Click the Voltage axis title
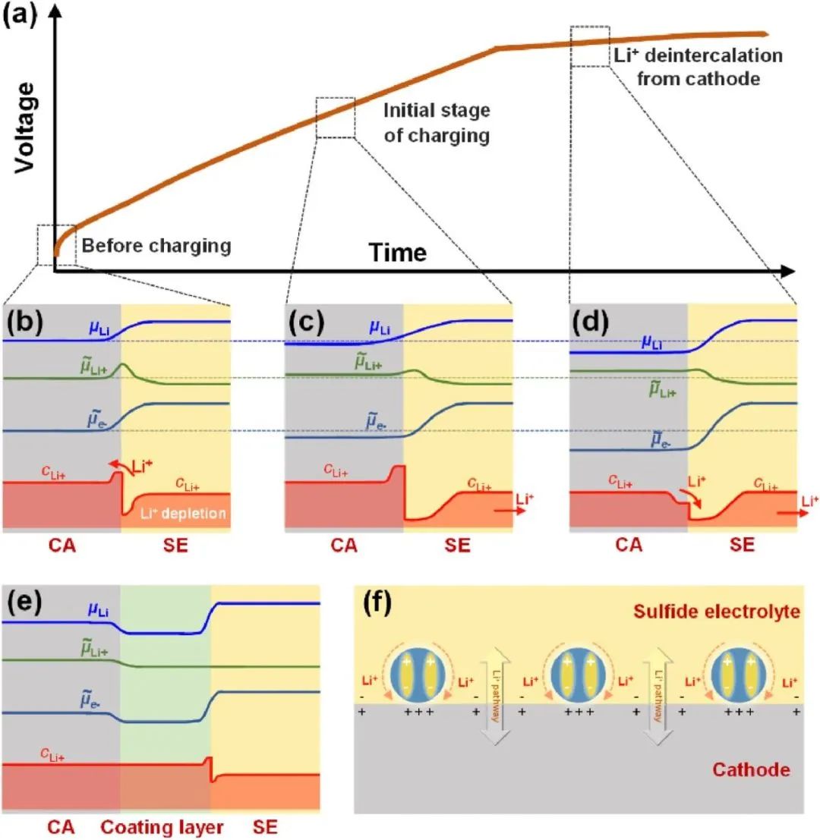[x=24, y=127]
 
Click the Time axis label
[x=398, y=253]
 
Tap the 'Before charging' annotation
[x=156, y=245]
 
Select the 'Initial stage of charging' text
[x=437, y=123]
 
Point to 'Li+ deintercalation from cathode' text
[x=699, y=67]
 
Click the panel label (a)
[x=20, y=14]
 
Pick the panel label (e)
[x=24, y=602]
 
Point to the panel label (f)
[x=377, y=602]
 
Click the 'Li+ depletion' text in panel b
[x=183, y=513]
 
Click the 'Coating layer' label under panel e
[x=162, y=827]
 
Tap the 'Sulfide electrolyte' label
[x=717, y=612]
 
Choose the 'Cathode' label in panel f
[x=751, y=770]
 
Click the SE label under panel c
[x=457, y=546]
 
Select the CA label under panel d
[x=629, y=546]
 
